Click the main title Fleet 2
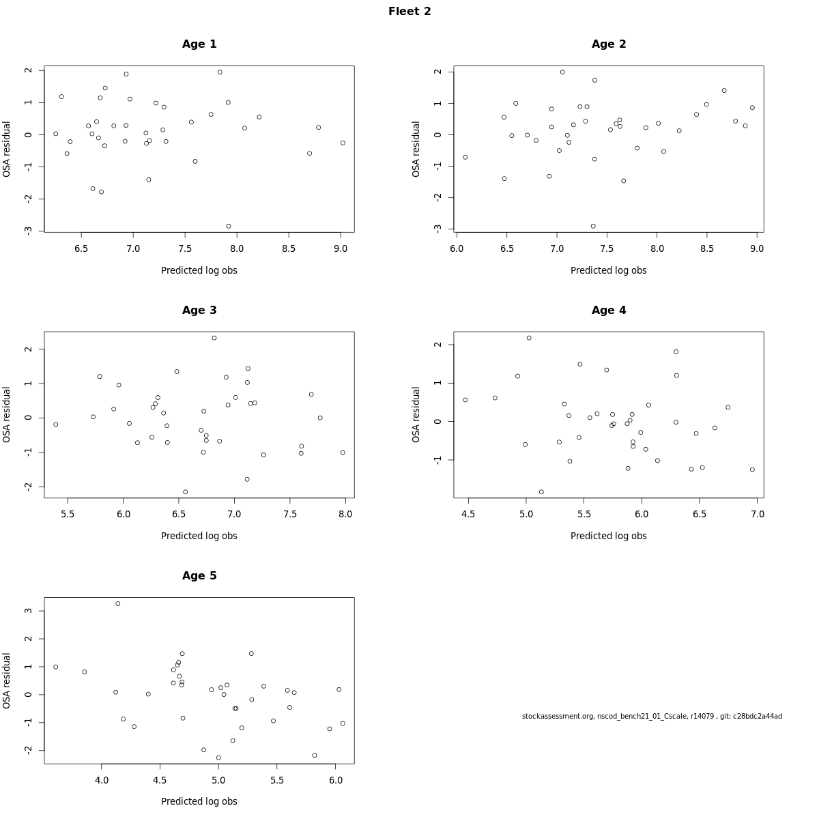tap(409, 12)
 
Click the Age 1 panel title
tap(199, 44)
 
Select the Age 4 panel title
tap(609, 311)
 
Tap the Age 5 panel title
tap(199, 576)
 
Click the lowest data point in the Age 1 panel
tap(229, 226)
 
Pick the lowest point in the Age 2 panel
tap(593, 226)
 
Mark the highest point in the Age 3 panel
tap(214, 338)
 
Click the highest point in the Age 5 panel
tap(118, 604)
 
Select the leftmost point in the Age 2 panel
tap(465, 157)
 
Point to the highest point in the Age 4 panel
tap(529, 338)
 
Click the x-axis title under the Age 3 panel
tap(199, 536)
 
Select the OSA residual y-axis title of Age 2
tap(416, 149)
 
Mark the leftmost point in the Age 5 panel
tap(56, 667)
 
